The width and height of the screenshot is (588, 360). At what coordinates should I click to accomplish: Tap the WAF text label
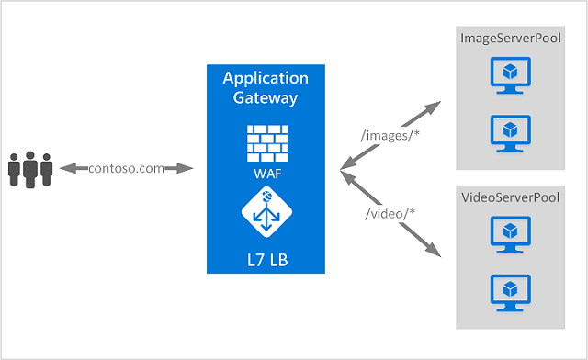(266, 171)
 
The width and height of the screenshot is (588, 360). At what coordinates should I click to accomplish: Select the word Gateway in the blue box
(266, 97)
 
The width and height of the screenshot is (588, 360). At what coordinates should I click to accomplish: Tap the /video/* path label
(390, 215)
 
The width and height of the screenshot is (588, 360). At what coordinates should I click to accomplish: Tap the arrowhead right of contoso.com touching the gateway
(187, 168)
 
